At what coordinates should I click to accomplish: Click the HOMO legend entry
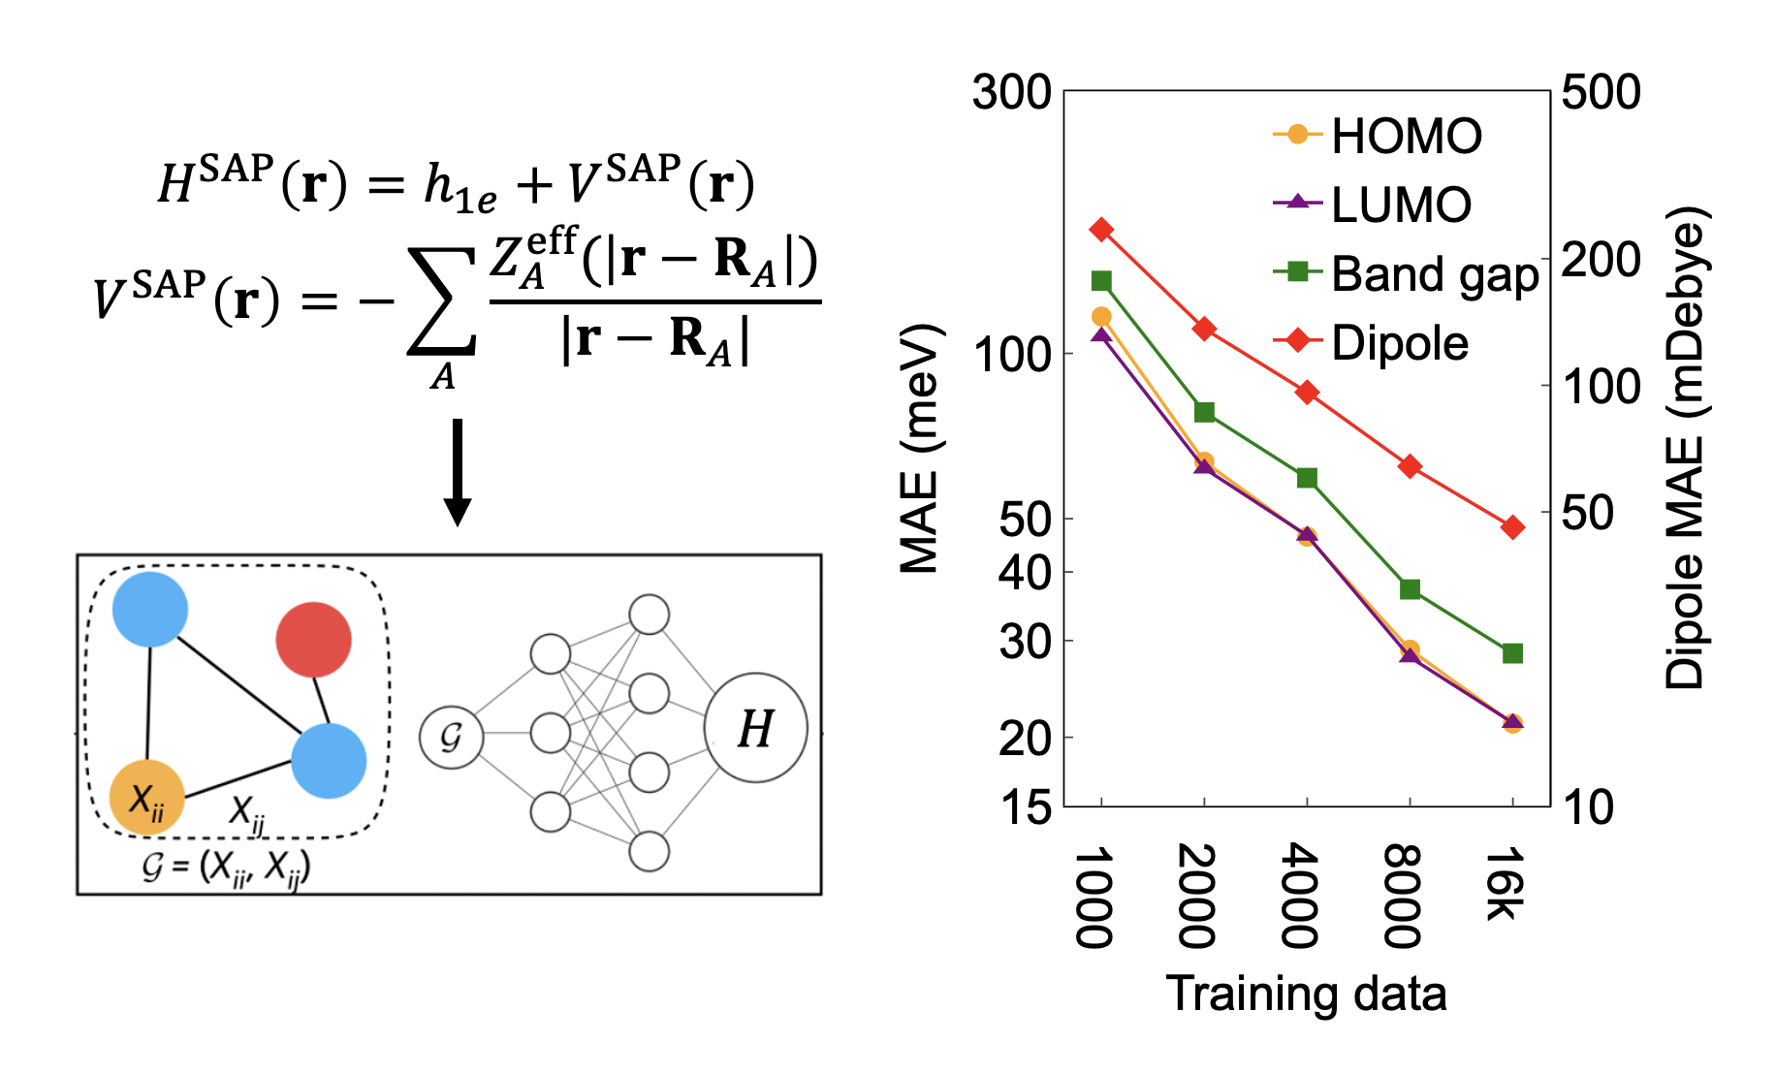click(1377, 135)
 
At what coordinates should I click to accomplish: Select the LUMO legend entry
click(1372, 204)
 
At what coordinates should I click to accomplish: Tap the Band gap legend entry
click(1406, 274)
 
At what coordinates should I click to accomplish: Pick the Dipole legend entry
click(1371, 342)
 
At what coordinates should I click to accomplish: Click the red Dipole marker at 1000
click(1101, 229)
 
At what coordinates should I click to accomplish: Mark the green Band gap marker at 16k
click(1512, 653)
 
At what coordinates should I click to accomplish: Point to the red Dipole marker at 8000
click(1410, 466)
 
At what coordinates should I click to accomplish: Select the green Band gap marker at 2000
click(1204, 412)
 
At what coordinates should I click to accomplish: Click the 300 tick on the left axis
click(1011, 92)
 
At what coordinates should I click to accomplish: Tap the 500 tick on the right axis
click(1602, 92)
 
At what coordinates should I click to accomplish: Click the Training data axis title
click(1306, 994)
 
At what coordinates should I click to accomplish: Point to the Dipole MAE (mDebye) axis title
click(1686, 447)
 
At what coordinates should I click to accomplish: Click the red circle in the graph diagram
click(313, 640)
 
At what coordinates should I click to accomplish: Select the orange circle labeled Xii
click(147, 797)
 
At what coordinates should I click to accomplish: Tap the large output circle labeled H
click(756, 727)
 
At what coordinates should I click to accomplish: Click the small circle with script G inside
click(451, 737)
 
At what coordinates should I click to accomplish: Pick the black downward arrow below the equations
click(458, 472)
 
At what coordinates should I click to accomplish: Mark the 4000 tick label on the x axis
click(1300, 896)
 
